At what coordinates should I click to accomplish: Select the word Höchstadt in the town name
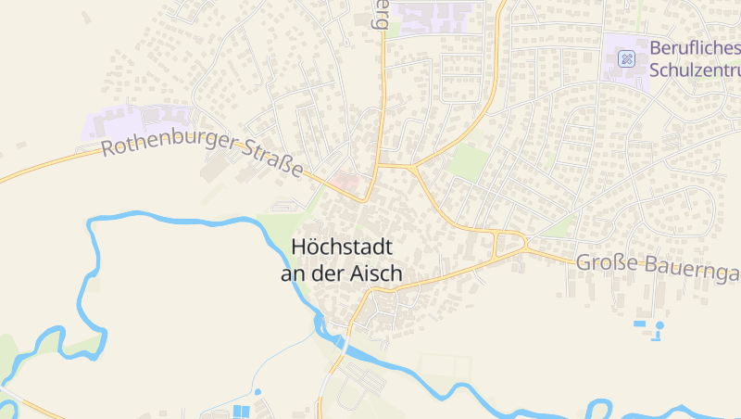click(x=342, y=248)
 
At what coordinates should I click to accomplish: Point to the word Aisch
click(x=380, y=273)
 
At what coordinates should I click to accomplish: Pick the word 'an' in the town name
click(x=294, y=273)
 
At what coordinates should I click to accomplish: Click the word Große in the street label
click(x=602, y=263)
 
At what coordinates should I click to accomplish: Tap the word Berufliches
click(x=695, y=47)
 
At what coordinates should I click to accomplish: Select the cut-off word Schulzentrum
click(x=695, y=70)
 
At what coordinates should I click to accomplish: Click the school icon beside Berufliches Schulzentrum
click(x=627, y=58)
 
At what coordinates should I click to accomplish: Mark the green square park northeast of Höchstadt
click(x=469, y=161)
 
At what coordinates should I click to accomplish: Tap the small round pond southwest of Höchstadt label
click(x=257, y=392)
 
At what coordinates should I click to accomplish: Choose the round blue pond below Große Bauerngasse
click(x=659, y=325)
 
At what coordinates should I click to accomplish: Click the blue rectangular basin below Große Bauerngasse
click(x=640, y=324)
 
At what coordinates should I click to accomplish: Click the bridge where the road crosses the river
click(x=339, y=344)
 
